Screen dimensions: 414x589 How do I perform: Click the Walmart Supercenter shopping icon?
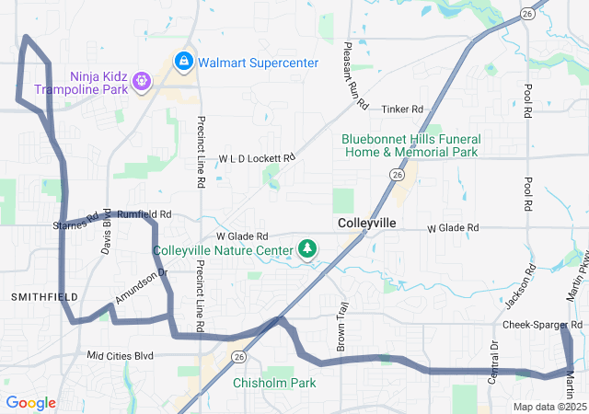184,62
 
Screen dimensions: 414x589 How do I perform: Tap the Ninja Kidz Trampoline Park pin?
141,82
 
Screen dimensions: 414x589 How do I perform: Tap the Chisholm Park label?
274,383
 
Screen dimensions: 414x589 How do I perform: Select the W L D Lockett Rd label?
257,159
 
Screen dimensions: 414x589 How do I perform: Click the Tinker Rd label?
401,109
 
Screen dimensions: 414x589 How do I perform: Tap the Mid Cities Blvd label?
120,355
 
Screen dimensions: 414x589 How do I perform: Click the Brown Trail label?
342,324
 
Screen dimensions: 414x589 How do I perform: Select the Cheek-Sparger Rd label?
543,325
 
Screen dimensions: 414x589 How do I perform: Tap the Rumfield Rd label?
144,214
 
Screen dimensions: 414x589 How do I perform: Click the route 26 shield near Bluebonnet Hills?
397,174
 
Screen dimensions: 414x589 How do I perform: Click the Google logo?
31,403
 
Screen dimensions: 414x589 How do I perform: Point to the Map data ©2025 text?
549,407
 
